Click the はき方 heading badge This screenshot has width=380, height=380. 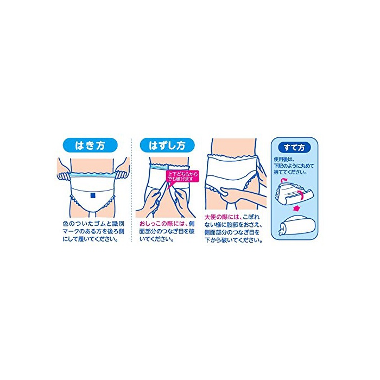pos(90,145)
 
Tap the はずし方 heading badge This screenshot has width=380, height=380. pos(167,145)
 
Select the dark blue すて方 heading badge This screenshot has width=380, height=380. pos(294,147)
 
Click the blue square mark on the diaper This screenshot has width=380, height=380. pos(92,195)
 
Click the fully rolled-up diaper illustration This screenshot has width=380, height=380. pos(297,226)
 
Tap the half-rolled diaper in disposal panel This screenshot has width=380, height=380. pos(294,194)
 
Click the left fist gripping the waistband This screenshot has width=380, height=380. pos(64,176)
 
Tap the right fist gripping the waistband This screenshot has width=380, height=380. pos(121,175)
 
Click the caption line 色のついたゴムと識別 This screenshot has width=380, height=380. pos(93,224)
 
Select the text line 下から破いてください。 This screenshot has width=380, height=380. pos(233,240)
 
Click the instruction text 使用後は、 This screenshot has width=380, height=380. pos(284,160)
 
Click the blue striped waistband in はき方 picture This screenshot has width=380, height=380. pos(92,175)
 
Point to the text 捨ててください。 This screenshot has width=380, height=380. pos(290,172)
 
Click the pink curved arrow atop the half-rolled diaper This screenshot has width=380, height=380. pos(283,180)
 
